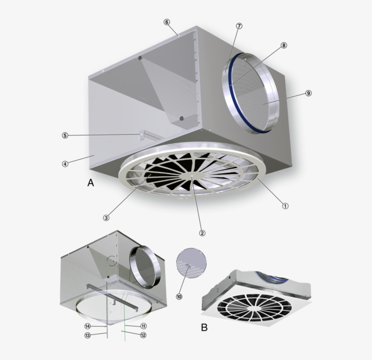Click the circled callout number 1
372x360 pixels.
tap(285, 205)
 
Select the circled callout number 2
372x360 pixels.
tap(202, 233)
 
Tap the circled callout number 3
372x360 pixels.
tap(106, 217)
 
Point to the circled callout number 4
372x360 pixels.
tap(65, 164)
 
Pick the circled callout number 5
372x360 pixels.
tap(65, 135)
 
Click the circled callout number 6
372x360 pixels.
tap(166, 22)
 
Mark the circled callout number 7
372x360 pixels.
tap(239, 26)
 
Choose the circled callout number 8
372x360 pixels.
tap(284, 45)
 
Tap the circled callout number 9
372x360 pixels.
tap(308, 93)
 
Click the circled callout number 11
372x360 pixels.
tap(143, 326)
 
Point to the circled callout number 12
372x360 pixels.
tap(143, 335)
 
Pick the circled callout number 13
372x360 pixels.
tap(87, 335)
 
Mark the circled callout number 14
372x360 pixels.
tap(87, 326)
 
